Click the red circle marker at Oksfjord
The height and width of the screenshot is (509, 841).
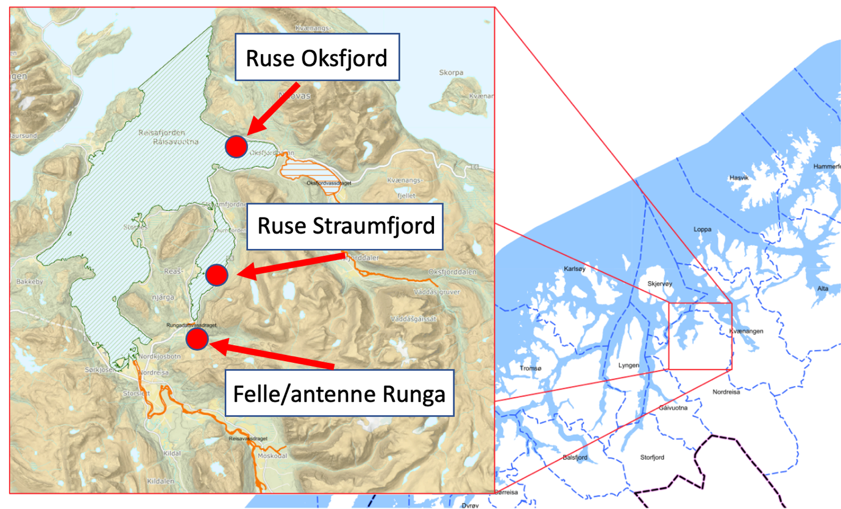pos(236,146)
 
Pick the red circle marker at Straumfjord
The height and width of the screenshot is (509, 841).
pos(216,276)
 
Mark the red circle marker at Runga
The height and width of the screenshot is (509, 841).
pos(197,339)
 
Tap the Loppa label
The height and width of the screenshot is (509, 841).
pos(703,230)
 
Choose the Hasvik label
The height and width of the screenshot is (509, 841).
pos(737,178)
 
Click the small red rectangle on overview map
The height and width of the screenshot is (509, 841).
pos(700,335)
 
